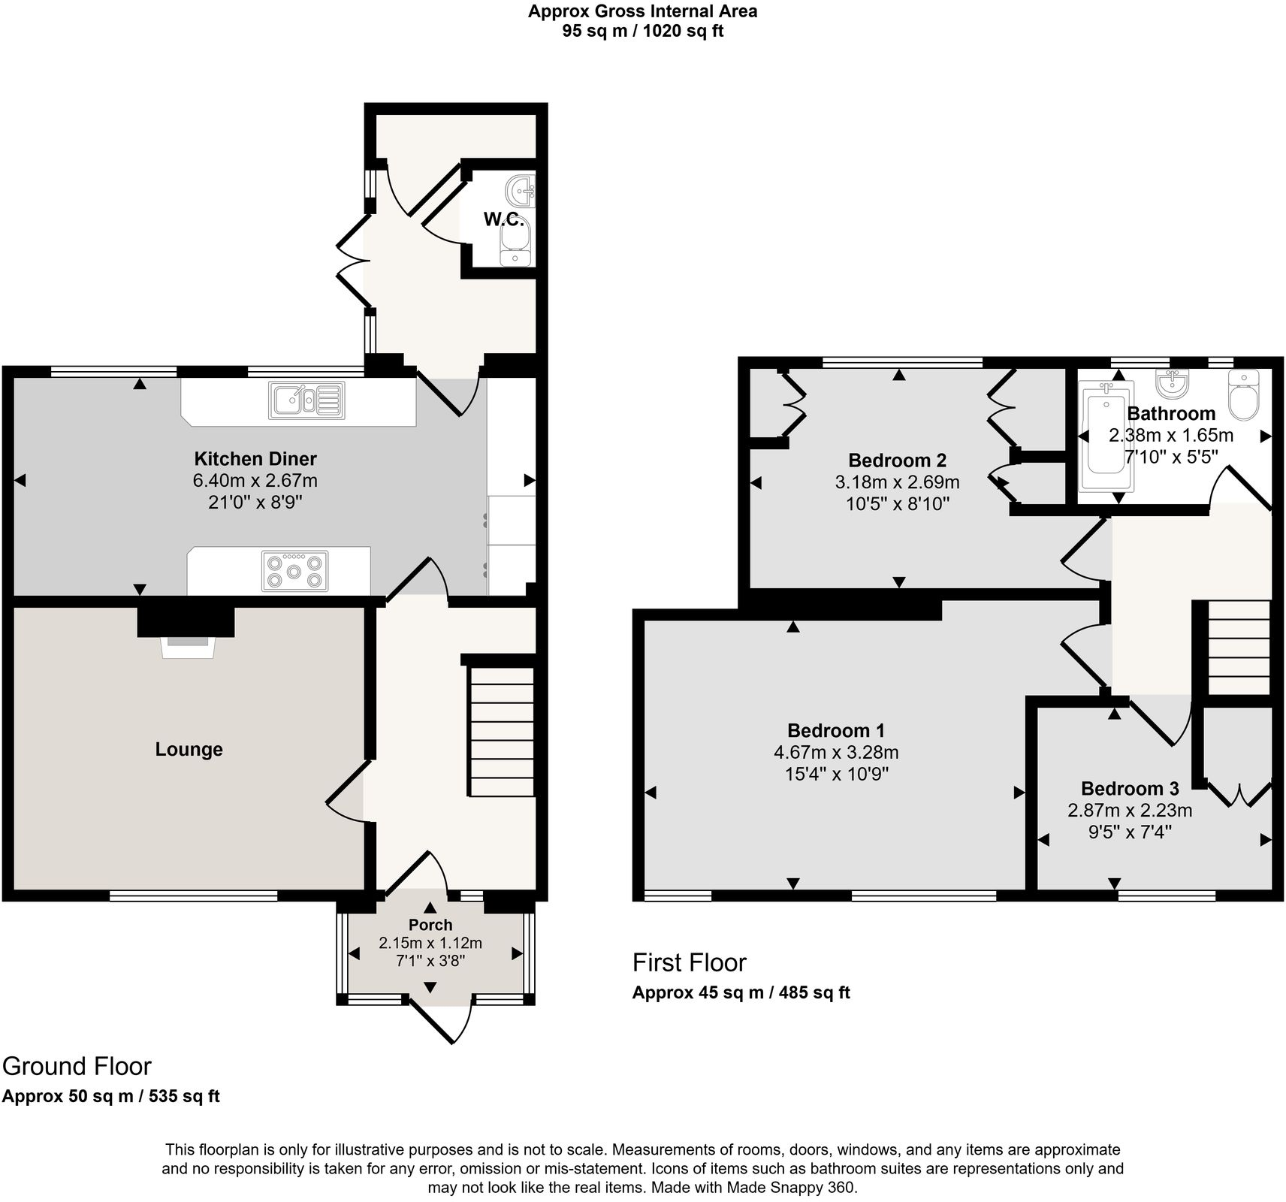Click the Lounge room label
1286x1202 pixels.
point(189,749)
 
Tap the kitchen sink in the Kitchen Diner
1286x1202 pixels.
point(306,400)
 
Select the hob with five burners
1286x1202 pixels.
point(294,572)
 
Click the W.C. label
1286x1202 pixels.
point(503,219)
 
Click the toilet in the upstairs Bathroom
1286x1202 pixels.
point(1244,394)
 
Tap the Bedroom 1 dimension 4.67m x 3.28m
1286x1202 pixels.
point(836,753)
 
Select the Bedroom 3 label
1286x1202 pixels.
point(1129,789)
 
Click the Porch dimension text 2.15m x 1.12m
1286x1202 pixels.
point(430,943)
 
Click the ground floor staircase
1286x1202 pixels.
point(502,732)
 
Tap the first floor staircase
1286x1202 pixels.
point(1238,648)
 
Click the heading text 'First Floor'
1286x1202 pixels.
point(689,962)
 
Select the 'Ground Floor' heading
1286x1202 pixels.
point(77,1066)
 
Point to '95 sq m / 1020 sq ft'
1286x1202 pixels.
point(642,31)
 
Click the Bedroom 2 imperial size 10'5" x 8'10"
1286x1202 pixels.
point(898,504)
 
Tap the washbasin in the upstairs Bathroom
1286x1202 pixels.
point(1172,385)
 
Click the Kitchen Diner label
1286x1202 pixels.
point(255,459)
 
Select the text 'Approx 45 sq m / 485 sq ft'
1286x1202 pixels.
point(741,993)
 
